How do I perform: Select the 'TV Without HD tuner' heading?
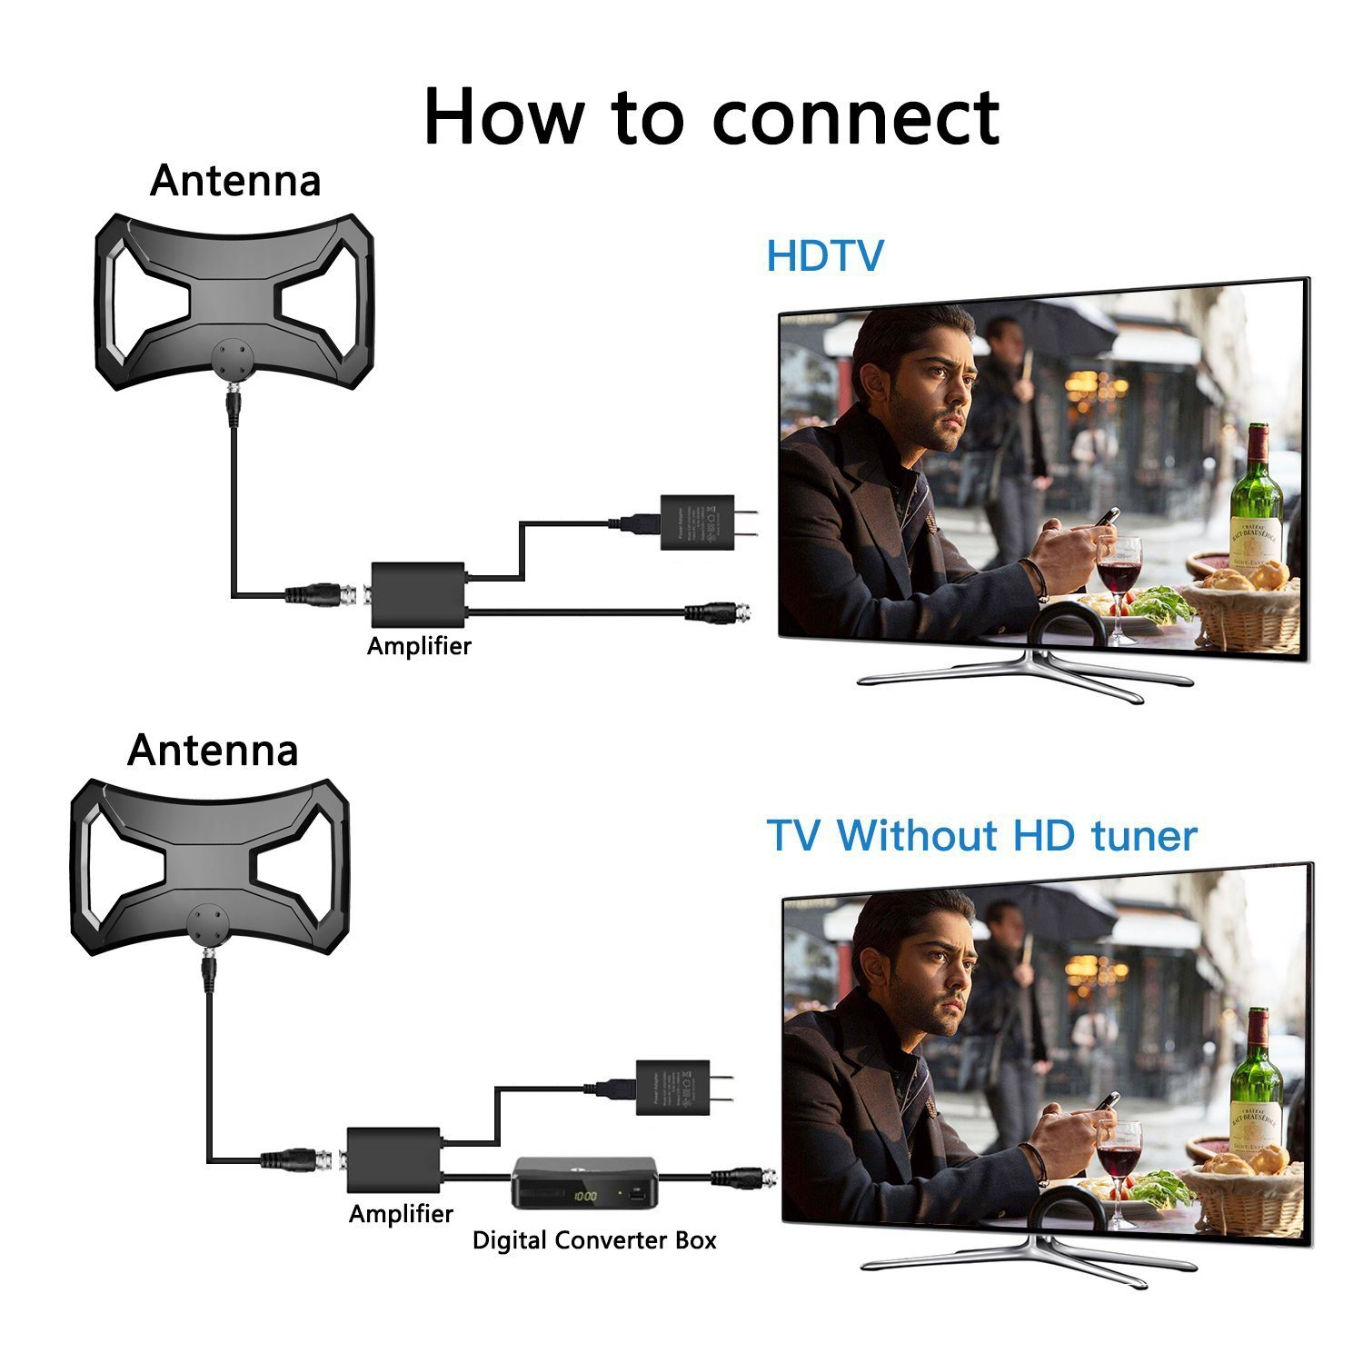click(981, 835)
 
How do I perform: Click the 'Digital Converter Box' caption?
click(594, 1240)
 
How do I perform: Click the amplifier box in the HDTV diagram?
click(418, 595)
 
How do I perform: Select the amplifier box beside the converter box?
click(394, 1159)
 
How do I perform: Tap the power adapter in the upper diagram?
click(698, 522)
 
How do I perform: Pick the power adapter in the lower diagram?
click(673, 1087)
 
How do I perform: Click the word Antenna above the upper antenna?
click(235, 181)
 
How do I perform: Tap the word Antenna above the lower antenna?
click(213, 751)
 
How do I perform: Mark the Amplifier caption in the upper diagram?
click(419, 646)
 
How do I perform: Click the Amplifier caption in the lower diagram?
click(401, 1214)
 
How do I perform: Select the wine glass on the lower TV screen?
click(1119, 1154)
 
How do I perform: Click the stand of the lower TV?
click(1027, 1259)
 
